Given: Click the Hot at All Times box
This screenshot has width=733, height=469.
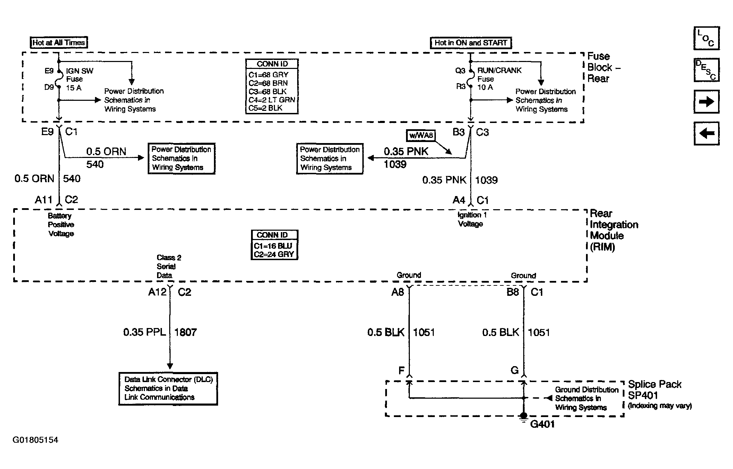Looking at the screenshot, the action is pos(59,43).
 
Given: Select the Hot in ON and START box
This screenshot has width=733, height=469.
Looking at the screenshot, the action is pos(471,43).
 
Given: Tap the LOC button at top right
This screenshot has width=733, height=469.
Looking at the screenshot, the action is pos(706,38).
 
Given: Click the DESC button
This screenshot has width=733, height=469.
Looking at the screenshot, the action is pos(706,70).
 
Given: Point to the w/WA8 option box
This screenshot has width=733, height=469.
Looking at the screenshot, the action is pos(421,135).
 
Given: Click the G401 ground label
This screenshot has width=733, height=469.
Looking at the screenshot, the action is pos(542,424).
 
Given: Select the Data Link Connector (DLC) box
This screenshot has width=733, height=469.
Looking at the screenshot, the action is pos(168,388).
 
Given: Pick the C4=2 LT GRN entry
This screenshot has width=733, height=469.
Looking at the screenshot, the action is pos(272,100).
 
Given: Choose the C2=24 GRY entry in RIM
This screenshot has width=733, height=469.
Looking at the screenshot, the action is pos(274,254).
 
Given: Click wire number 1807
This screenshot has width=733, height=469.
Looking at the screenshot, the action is pos(186,332).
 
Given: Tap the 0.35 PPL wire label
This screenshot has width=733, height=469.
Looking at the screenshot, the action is pos(145,332).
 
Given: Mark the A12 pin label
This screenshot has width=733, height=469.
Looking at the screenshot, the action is pos(157,292).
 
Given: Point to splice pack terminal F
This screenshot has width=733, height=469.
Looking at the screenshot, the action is pos(402,371).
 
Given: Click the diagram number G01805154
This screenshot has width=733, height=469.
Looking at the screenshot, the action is pos(35,440).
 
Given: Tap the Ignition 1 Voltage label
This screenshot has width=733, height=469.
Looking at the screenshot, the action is pos(472,219).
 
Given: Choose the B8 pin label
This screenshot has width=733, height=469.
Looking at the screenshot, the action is pos(513,292).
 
